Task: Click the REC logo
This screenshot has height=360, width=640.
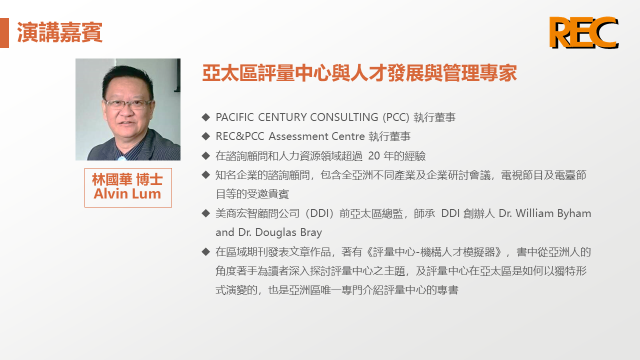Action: [x=583, y=32]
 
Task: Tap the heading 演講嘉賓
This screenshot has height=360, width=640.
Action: [x=59, y=32]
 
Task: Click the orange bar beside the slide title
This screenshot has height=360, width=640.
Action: [x=4, y=33]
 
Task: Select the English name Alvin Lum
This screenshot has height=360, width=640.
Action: [x=127, y=193]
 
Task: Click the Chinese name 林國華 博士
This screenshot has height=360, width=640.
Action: [x=127, y=179]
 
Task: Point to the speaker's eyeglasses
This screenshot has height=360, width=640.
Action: [x=127, y=104]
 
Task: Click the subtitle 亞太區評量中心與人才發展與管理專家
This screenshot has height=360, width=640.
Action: [x=359, y=73]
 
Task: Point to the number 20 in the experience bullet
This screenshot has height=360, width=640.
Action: [x=373, y=155]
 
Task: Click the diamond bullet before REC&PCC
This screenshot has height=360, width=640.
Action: [x=205, y=136]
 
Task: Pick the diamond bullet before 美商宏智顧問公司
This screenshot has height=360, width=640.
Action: [x=205, y=213]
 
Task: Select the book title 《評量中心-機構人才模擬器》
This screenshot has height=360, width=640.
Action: [x=433, y=252]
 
